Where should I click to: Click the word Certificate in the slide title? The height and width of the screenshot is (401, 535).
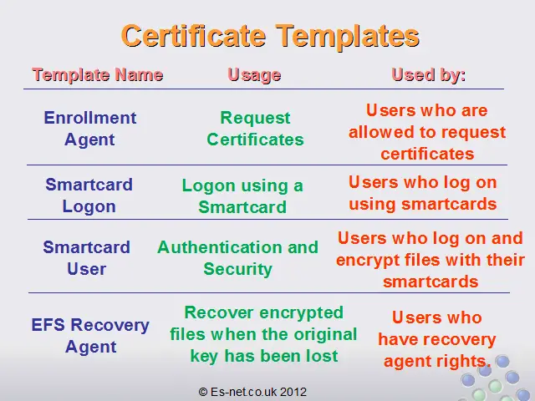pyautogui.click(x=193, y=35)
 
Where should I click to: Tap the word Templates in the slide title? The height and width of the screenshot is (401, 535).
pyautogui.click(x=348, y=37)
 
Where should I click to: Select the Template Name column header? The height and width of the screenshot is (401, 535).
pyautogui.click(x=98, y=74)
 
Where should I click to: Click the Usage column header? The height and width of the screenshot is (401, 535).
pyautogui.click(x=254, y=75)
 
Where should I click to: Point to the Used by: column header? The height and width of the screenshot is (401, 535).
pyautogui.click(x=429, y=74)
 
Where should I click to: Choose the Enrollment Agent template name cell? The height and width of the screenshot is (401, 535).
pyautogui.click(x=90, y=129)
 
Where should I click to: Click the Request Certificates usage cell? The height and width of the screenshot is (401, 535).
pyautogui.click(x=255, y=129)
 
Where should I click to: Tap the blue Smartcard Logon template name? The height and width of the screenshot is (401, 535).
pyautogui.click(x=89, y=195)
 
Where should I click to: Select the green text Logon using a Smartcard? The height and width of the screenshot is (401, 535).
pyautogui.click(x=242, y=196)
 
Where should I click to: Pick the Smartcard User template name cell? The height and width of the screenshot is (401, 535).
pyautogui.click(x=87, y=258)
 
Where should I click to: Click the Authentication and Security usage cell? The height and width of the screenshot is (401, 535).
pyautogui.click(x=237, y=258)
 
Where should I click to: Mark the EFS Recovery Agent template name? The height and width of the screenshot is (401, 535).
pyautogui.click(x=90, y=336)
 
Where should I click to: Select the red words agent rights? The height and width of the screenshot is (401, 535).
pyautogui.click(x=437, y=361)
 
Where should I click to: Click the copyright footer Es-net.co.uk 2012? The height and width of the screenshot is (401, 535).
pyautogui.click(x=252, y=392)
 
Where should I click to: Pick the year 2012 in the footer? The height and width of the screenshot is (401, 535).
pyautogui.click(x=293, y=392)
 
